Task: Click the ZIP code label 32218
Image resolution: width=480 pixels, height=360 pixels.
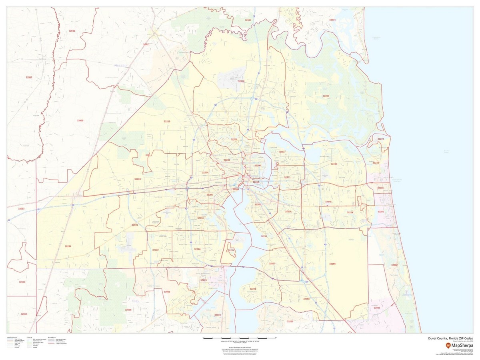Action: tap(241, 81)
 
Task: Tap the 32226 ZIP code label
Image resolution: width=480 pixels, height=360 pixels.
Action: tap(326, 96)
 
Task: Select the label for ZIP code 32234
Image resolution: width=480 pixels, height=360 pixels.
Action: tap(68, 246)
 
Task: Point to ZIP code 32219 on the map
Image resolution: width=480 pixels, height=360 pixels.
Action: tap(167, 121)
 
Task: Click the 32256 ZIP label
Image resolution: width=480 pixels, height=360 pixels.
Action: tap(332, 264)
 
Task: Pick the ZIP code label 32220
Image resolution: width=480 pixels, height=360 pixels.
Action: tap(137, 179)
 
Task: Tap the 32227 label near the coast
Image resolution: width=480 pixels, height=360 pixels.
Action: tap(381, 139)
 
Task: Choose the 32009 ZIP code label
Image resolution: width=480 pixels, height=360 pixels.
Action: tap(80, 120)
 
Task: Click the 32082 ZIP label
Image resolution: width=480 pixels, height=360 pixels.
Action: tap(394, 265)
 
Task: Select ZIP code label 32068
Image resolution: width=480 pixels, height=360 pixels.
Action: tap(128, 310)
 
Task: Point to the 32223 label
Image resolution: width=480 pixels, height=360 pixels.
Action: tap(253, 288)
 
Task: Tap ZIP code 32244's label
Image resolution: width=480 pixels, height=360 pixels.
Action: tap(197, 249)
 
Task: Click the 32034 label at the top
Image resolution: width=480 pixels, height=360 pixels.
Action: tap(332, 20)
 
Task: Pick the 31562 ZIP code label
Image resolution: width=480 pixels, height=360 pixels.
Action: tap(29, 77)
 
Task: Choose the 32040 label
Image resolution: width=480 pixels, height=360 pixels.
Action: tap(22, 282)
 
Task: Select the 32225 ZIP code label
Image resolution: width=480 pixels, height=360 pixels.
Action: tap(334, 164)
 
